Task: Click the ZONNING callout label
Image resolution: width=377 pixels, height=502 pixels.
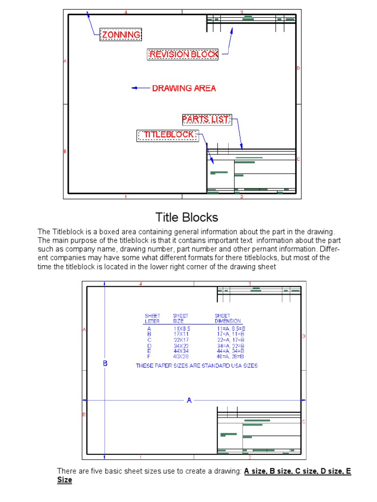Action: [x=121, y=34]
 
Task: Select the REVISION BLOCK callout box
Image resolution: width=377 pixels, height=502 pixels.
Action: [x=184, y=54]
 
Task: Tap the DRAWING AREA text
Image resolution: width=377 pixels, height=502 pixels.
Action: [x=184, y=88]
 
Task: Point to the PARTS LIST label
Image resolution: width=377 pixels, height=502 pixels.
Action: [x=206, y=119]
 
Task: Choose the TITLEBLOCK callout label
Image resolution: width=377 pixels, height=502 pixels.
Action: [x=168, y=135]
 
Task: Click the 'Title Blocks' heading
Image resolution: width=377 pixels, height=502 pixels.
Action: [x=187, y=217]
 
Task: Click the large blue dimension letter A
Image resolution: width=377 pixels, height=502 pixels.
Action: [x=189, y=401]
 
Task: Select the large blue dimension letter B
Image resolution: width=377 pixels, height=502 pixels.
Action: [x=105, y=363]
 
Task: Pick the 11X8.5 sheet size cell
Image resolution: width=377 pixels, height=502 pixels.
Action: [x=181, y=328]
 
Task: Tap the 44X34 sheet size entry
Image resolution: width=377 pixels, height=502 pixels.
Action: [x=181, y=351]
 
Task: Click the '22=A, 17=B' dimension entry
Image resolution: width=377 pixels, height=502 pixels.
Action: [x=230, y=340]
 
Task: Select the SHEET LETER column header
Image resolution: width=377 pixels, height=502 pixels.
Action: [x=152, y=318]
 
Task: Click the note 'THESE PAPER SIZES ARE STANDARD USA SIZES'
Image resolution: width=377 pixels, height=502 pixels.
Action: [x=196, y=366]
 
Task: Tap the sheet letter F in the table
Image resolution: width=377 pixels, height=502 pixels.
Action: [x=149, y=356]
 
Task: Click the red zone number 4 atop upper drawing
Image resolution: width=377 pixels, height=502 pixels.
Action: [x=126, y=12]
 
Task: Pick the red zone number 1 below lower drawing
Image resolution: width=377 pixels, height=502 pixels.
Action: [x=140, y=457]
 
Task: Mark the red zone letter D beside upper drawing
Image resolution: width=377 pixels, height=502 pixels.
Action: [x=298, y=68]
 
